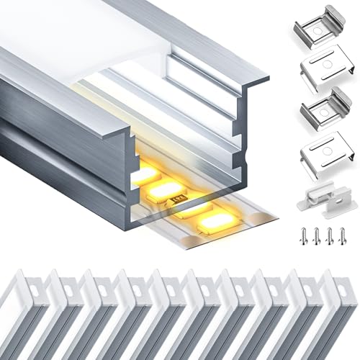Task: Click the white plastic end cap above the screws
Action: pyautogui.click(x=321, y=194)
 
